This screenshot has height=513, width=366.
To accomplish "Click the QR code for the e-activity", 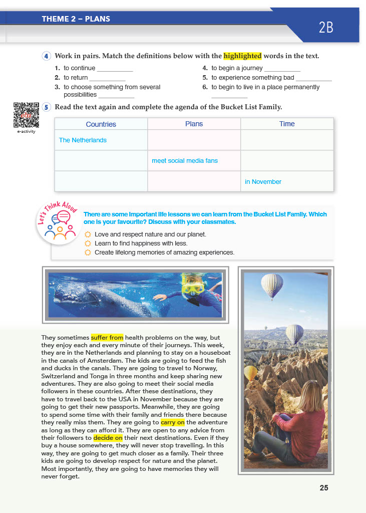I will (x=26, y=115).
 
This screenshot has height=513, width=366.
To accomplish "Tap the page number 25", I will (x=324, y=487).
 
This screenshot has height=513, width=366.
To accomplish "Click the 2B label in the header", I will (x=326, y=27).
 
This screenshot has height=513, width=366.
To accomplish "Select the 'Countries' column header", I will (x=101, y=124).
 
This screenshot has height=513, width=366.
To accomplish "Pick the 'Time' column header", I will (x=287, y=124).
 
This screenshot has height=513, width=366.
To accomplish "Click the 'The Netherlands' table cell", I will (x=83, y=140).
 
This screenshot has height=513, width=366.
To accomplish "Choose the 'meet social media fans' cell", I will (x=185, y=161).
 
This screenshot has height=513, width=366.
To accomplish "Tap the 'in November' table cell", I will (x=263, y=182).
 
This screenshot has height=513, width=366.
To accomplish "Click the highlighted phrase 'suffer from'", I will (x=107, y=338).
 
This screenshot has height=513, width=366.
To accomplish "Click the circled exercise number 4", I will (x=47, y=56).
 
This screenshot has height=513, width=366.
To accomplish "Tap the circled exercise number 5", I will (x=47, y=107).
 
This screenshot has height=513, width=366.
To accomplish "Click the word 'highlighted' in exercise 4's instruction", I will (x=242, y=56).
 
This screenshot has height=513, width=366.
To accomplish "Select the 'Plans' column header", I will (x=194, y=124).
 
